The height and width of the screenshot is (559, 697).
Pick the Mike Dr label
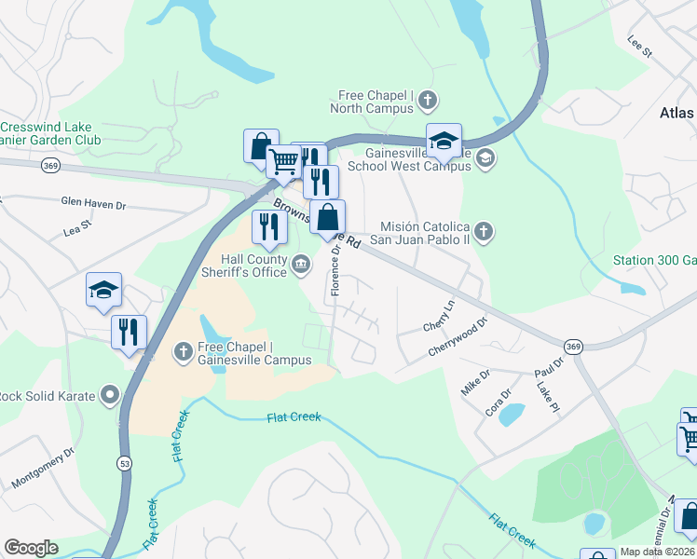pos(475,381)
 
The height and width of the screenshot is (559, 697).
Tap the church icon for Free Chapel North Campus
pos(427,100)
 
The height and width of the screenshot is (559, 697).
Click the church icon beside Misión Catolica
pos(483,230)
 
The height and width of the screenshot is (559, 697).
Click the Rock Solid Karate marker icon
pos(111,396)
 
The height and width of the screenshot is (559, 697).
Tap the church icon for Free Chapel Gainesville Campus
pos(184,352)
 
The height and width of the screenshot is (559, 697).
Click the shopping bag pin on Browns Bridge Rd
pos(327,219)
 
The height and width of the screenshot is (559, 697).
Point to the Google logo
pos(31,548)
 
